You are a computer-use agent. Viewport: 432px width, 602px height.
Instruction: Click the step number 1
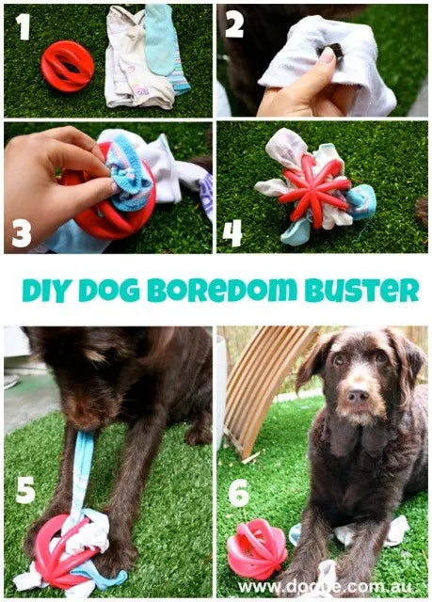[24, 27]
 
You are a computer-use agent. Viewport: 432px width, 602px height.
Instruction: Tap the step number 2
[234, 24]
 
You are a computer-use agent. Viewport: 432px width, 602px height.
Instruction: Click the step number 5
[25, 489]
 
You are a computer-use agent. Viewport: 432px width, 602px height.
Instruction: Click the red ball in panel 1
[68, 66]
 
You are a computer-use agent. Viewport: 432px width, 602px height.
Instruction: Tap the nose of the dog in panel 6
[358, 396]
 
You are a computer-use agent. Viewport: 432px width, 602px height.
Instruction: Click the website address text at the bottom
[326, 587]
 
